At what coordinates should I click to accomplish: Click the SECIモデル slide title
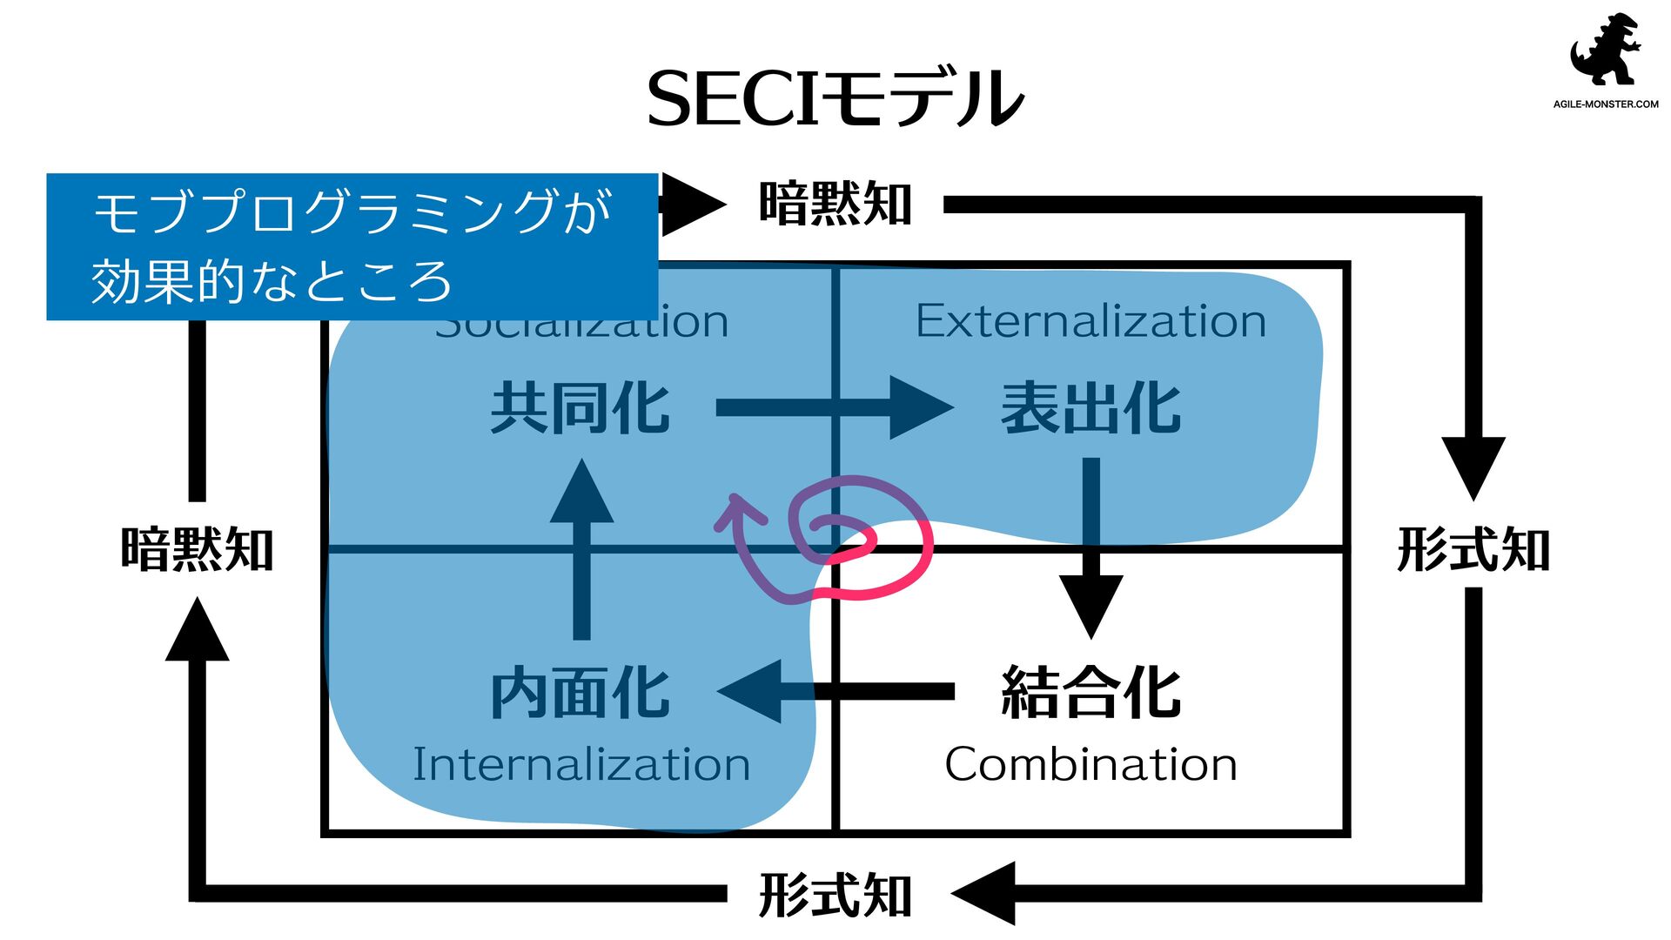(835, 97)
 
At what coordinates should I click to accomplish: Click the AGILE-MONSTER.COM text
(1606, 104)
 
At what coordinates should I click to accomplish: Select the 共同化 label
(580, 408)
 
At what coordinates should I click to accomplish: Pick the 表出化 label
(1091, 408)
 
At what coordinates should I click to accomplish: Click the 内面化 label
(580, 693)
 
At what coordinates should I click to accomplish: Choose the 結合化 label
(1091, 693)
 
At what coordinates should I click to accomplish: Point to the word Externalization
(1091, 321)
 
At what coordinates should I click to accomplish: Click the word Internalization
(580, 764)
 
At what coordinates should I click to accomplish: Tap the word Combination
(1091, 764)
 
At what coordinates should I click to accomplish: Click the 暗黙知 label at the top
(835, 205)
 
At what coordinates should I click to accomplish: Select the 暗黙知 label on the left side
(198, 550)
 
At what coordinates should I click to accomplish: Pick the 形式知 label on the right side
(1473, 550)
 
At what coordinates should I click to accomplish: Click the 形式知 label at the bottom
(835, 895)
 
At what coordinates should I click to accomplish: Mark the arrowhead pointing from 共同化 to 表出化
(920, 407)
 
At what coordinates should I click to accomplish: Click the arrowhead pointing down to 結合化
(1091, 607)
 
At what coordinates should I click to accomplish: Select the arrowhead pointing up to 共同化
(581, 493)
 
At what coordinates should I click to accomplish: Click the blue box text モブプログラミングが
(352, 211)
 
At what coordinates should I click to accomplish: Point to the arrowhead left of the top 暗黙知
(692, 205)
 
